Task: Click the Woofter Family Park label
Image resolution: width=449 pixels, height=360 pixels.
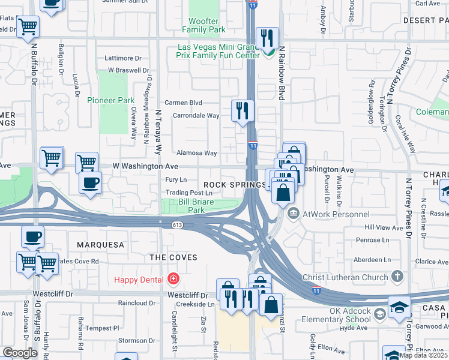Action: (203, 25)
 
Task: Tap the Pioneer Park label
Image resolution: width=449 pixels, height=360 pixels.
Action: (111, 100)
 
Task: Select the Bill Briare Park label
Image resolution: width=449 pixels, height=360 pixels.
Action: (192, 206)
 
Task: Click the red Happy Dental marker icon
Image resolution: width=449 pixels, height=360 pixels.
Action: (174, 279)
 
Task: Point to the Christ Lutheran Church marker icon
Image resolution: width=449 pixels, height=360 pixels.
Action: (397, 277)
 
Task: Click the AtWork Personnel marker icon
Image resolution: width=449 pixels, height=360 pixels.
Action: (294, 213)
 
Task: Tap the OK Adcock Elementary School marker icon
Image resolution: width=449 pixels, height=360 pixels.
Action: (379, 314)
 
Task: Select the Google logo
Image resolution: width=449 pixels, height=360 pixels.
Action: (20, 352)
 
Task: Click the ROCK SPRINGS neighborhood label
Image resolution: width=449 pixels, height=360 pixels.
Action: (225, 185)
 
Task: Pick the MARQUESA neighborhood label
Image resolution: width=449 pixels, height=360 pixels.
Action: (100, 245)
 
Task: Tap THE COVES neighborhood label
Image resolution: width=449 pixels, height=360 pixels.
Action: (173, 257)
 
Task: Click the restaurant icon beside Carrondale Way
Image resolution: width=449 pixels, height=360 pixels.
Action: (243, 110)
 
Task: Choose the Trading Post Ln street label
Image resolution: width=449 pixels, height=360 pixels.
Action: (189, 193)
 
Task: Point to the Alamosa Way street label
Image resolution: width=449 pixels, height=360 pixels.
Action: (196, 154)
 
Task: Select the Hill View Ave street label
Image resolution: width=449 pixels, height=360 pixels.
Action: (384, 228)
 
